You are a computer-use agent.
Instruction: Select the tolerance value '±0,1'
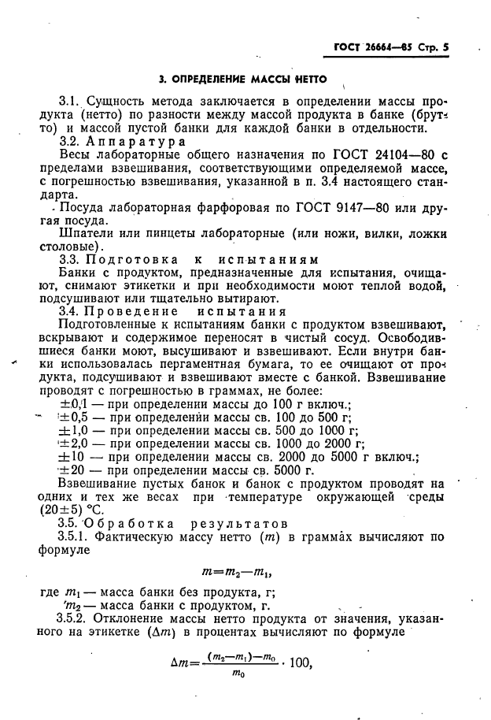(75, 405)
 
